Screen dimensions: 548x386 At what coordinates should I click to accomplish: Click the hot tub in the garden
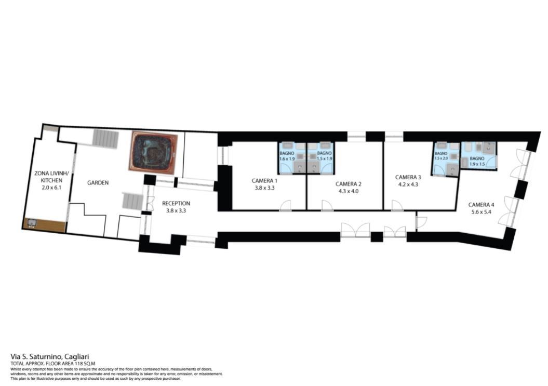[153, 152]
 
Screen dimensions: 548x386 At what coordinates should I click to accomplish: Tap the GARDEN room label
[98, 182]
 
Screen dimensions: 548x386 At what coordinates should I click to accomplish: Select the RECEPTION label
[176, 203]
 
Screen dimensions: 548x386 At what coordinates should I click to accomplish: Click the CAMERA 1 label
[264, 181]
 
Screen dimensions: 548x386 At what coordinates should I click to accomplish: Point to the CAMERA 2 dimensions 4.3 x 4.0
[349, 191]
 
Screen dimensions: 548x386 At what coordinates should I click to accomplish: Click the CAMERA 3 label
[408, 177]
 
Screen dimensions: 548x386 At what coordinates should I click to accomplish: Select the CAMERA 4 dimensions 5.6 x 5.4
[481, 211]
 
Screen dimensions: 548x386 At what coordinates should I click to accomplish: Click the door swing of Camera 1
[286, 205]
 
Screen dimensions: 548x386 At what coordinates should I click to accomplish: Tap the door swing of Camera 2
[327, 205]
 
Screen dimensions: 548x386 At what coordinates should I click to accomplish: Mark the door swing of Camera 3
[397, 205]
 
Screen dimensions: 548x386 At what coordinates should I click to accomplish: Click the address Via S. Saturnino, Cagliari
[50, 356]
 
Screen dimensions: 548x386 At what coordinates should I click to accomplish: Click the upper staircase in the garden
[105, 139]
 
